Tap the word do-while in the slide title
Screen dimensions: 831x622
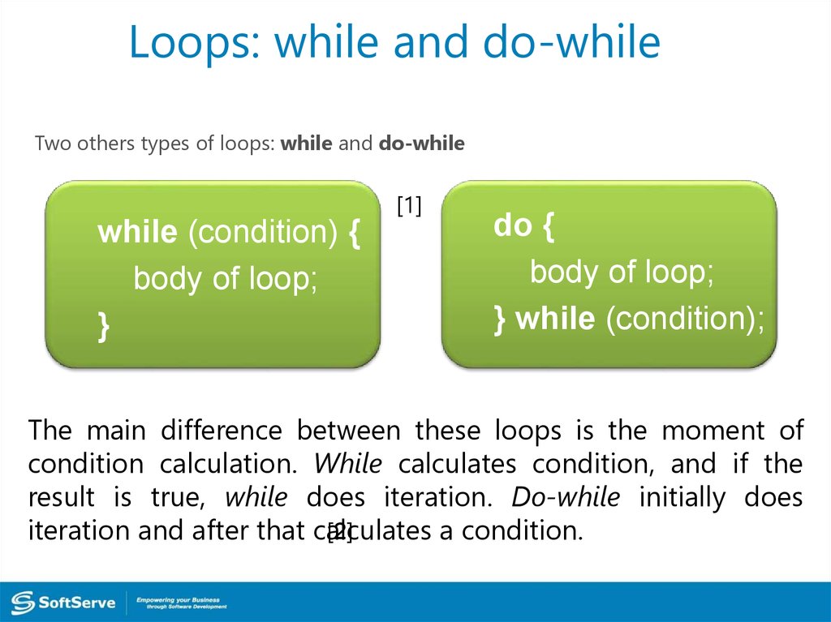click(x=571, y=41)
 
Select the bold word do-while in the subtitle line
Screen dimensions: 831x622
click(x=422, y=143)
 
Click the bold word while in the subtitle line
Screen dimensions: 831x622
click(x=306, y=143)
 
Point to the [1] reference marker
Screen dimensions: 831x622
click(x=409, y=205)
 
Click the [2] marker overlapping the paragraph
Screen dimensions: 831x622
click(x=340, y=531)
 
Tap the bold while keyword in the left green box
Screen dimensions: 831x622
click(x=137, y=232)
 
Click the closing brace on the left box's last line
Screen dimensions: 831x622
click(x=104, y=326)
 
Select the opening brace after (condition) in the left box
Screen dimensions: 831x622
click(x=355, y=234)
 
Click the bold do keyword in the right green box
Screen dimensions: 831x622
click(x=513, y=225)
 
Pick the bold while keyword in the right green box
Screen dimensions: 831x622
click(x=555, y=319)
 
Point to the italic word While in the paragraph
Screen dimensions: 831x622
click(x=347, y=464)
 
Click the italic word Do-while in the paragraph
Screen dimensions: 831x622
click(x=566, y=497)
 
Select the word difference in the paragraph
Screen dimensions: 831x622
click(x=222, y=430)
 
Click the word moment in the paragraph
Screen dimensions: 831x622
click(x=713, y=431)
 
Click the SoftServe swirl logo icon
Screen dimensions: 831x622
click(x=23, y=603)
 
